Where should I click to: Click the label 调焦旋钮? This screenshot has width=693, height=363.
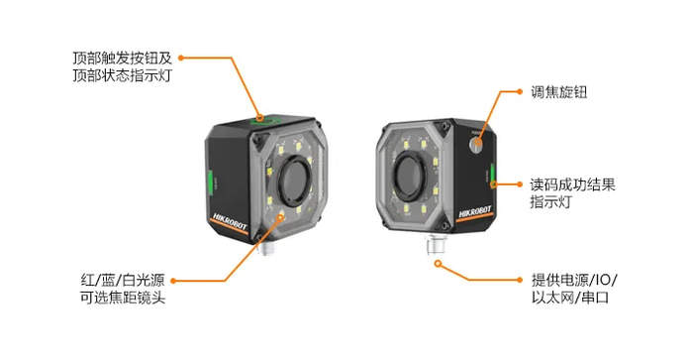(558, 92)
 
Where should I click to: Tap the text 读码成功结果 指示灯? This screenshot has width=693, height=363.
(572, 193)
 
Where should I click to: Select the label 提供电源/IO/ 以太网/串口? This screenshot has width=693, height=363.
(574, 289)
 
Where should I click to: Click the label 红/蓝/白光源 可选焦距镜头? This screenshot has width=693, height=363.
(123, 289)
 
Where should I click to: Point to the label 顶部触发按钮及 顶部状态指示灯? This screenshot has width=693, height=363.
(122, 66)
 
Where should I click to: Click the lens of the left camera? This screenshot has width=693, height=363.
(293, 181)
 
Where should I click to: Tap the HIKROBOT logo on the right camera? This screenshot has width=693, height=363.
(474, 211)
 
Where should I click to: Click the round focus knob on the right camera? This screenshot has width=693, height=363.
(476, 143)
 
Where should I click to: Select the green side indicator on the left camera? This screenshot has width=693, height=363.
(210, 181)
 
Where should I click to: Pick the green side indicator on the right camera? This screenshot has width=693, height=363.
(492, 176)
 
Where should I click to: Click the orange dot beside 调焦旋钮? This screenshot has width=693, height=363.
(520, 92)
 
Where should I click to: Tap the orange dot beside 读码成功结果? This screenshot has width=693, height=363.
(520, 184)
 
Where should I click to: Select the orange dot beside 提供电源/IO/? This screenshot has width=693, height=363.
(520, 280)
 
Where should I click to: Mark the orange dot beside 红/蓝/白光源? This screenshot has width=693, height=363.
(173, 281)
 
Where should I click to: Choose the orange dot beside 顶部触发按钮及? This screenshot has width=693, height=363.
(181, 58)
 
